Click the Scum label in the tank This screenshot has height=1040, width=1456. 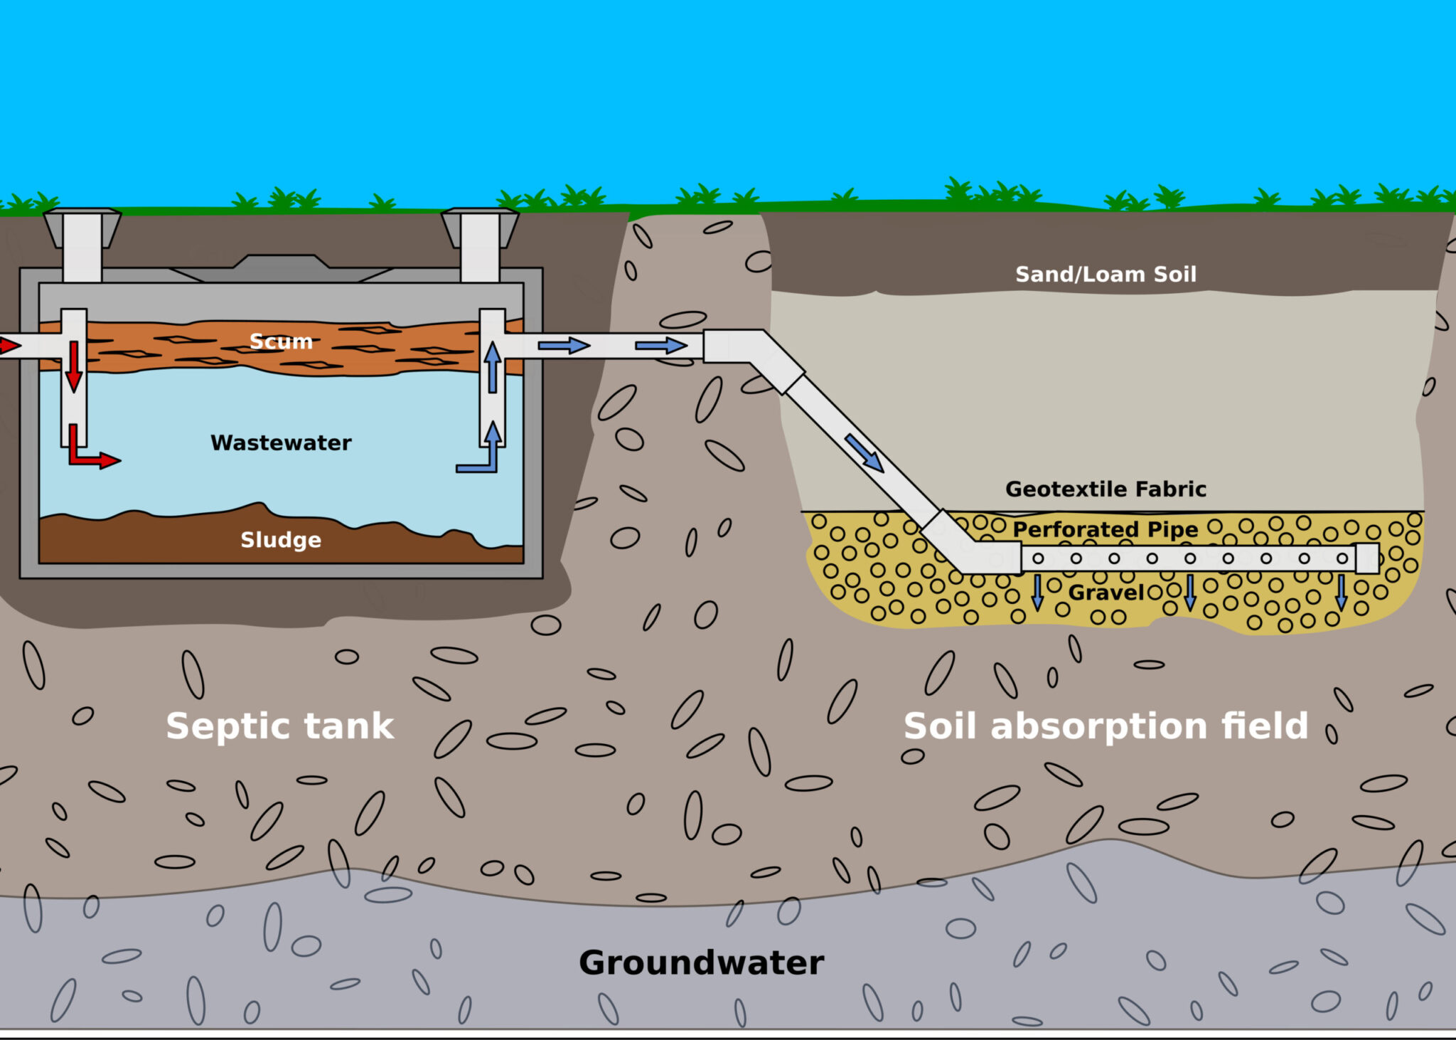281,341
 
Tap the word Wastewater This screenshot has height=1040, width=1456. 281,442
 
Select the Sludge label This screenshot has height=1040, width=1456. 281,540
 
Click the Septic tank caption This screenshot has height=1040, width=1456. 279,726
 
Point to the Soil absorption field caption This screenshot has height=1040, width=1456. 1106,726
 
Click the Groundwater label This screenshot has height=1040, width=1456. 701,962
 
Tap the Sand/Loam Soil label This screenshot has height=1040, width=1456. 1106,274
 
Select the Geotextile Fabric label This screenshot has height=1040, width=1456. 1106,489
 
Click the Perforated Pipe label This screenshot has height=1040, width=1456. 1106,529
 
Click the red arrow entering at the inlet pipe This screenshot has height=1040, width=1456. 9,346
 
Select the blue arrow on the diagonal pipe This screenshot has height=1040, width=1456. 864,452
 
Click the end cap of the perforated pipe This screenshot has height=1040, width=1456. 1366,558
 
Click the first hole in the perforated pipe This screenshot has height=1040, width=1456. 1038,558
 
